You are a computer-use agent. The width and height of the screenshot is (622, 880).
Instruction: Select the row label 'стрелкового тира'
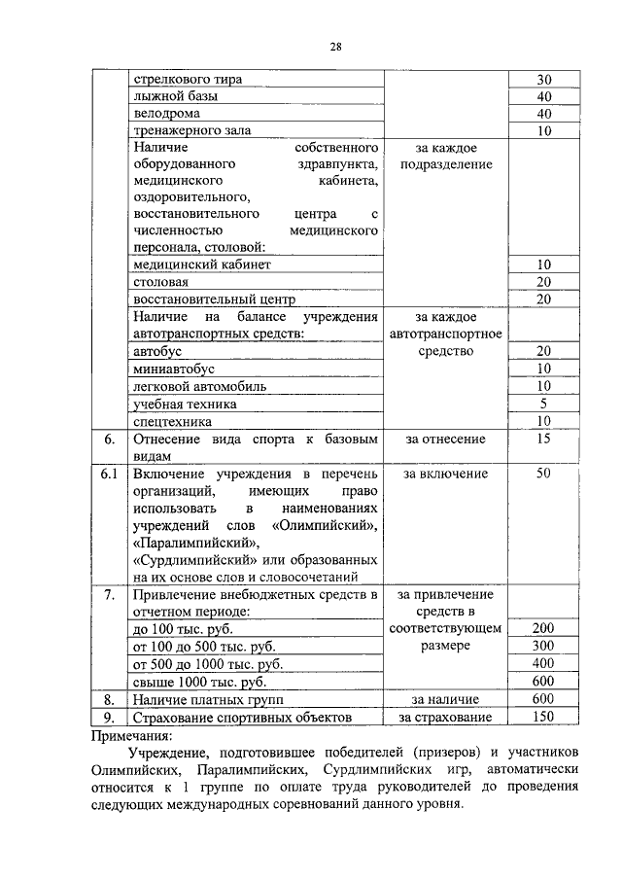(x=187, y=79)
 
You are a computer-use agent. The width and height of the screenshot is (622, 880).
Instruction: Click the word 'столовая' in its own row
(x=161, y=282)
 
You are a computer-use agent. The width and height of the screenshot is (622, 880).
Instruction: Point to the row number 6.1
(x=110, y=474)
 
